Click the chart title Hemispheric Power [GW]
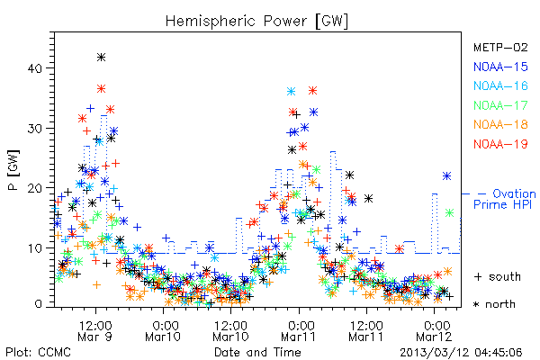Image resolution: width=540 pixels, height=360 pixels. click(256, 21)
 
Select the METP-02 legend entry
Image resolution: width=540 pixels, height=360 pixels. click(500, 47)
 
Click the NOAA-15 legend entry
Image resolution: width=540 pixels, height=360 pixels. click(500, 67)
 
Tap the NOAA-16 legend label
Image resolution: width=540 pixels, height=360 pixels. click(500, 85)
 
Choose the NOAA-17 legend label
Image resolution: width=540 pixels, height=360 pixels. click(500, 105)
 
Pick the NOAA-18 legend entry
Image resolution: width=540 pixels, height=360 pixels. click(500, 124)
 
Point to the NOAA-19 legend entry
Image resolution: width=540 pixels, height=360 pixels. click(500, 144)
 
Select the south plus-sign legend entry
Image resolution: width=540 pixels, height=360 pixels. click(498, 276)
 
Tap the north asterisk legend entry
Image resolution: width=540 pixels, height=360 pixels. click(494, 304)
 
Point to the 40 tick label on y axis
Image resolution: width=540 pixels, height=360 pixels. click(34, 68)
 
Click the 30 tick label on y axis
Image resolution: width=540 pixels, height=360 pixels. click(34, 129)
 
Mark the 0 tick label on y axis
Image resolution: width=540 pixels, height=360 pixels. click(38, 304)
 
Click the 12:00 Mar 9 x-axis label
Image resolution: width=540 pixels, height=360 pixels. click(95, 331)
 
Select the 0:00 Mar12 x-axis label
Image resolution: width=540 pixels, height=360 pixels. click(434, 331)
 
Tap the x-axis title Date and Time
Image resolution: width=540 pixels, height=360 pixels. click(257, 352)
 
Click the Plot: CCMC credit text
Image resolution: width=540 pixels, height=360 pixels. click(38, 352)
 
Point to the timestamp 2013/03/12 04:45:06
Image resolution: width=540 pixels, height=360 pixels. click(461, 353)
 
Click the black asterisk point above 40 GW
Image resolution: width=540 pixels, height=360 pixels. click(101, 58)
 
